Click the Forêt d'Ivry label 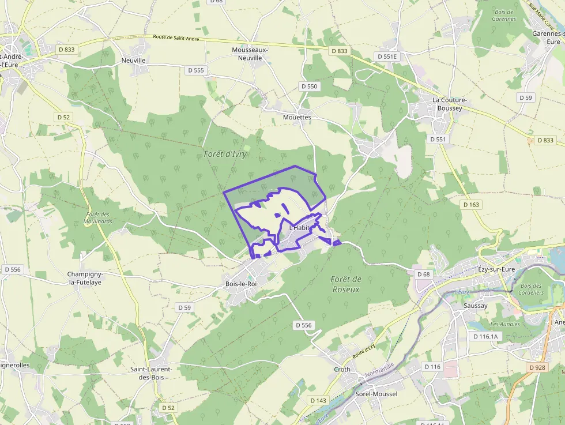coord(225,154)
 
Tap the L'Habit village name coord(300,228)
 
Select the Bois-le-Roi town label coord(241,284)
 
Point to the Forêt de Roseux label coord(346,284)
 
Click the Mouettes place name coord(297,117)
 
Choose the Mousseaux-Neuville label coord(250,54)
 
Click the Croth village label coord(342,370)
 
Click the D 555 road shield coord(196,70)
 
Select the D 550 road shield coord(309,86)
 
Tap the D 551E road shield coord(387,57)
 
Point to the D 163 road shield coord(471,204)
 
